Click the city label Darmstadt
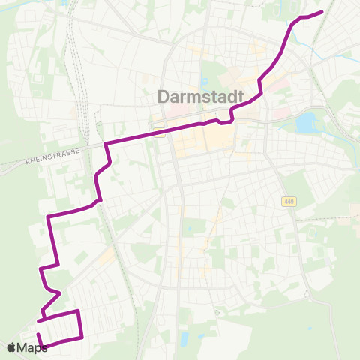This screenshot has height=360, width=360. [x=198, y=97]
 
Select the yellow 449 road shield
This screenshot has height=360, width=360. [x=289, y=201]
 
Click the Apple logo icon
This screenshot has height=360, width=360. [x=11, y=347]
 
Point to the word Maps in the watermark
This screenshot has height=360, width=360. [x=32, y=347]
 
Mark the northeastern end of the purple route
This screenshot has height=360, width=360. [x=322, y=12]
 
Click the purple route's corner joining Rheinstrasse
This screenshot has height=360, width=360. [x=106, y=143]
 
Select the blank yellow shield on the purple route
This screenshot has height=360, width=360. [x=159, y=133]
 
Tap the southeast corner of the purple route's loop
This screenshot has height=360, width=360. [x=81, y=337]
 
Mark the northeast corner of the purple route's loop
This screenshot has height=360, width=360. [x=77, y=310]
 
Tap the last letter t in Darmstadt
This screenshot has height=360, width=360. [x=233, y=97]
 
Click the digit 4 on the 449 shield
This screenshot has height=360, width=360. [x=286, y=201]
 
